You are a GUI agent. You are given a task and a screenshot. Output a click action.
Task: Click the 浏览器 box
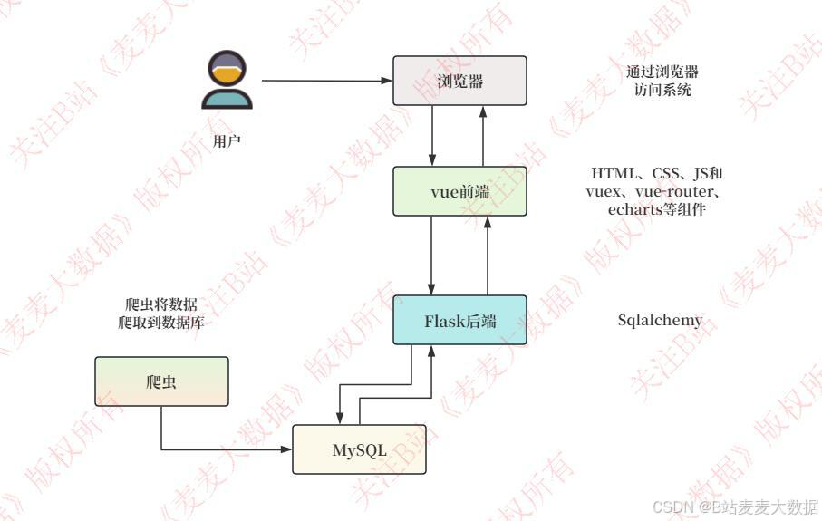[459, 81]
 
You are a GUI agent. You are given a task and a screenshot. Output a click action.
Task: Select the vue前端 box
[459, 191]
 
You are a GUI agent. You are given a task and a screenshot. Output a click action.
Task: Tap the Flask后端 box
[459, 320]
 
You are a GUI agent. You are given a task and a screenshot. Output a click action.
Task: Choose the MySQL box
[359, 449]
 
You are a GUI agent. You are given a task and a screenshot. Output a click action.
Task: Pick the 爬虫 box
[161, 381]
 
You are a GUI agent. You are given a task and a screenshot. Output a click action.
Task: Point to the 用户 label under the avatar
[227, 141]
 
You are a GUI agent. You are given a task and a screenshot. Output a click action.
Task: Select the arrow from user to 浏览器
[326, 81]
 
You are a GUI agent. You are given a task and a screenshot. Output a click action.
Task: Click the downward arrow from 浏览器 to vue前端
[434, 135]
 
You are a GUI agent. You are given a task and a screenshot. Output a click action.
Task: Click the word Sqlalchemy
[660, 320]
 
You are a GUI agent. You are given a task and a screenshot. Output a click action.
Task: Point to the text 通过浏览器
[662, 72]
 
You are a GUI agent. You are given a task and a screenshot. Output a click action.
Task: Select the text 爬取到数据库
[160, 322]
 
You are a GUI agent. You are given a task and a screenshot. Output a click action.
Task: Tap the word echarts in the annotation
[635, 210]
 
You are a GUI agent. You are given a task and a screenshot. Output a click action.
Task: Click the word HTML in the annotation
[614, 172]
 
